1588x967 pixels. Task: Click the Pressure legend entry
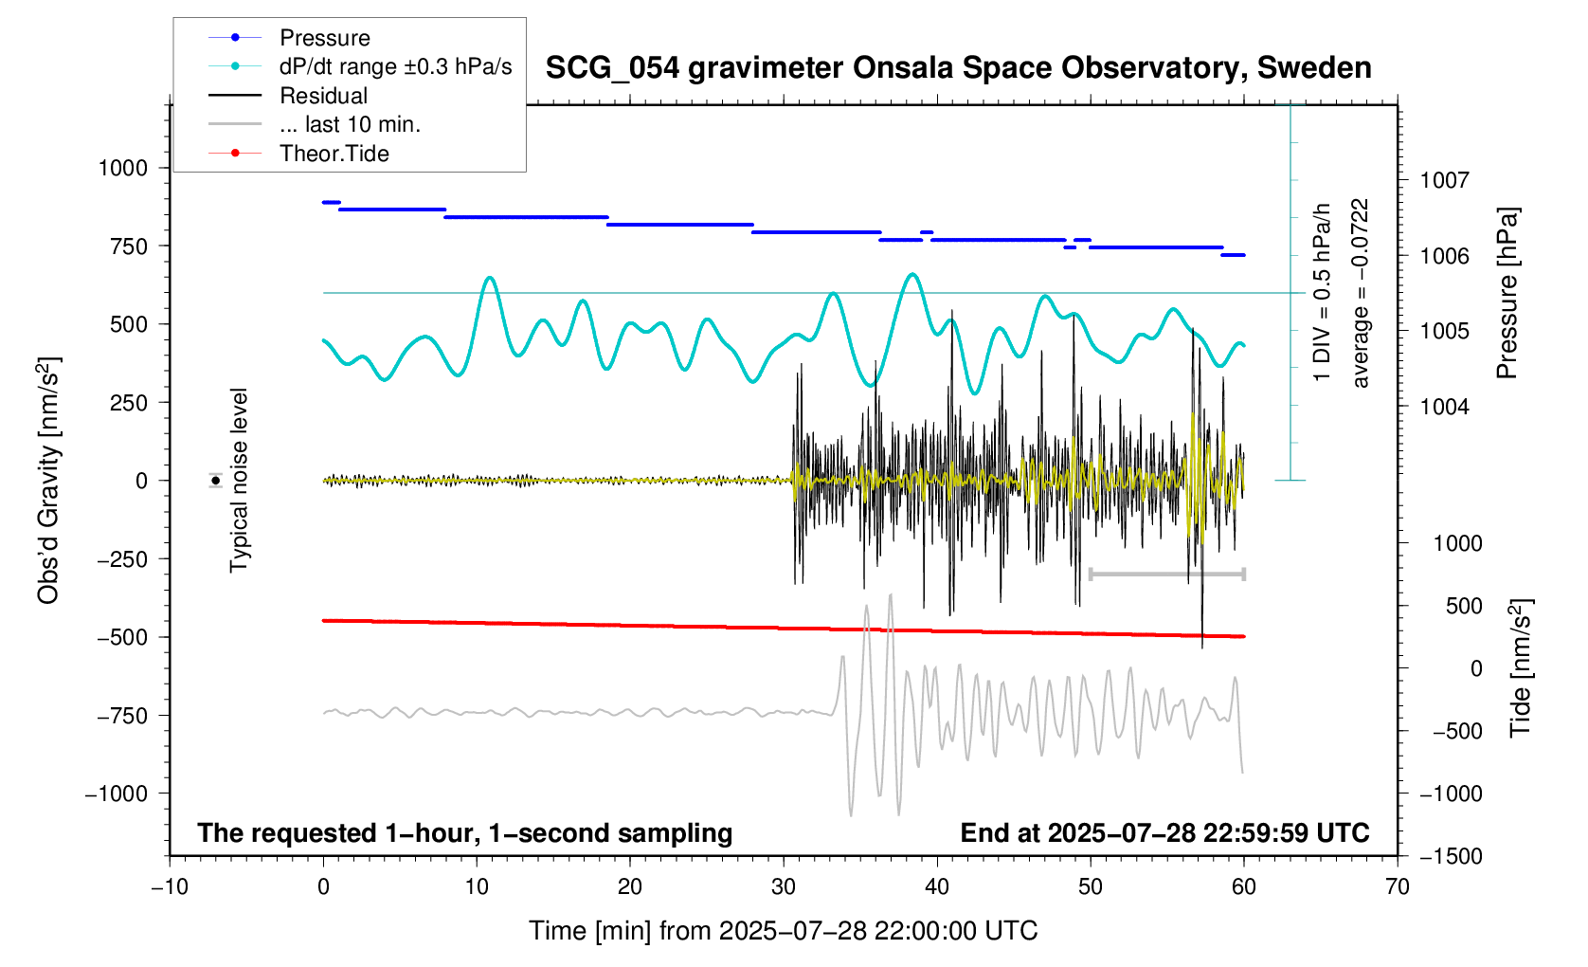tap(324, 38)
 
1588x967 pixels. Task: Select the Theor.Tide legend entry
tap(334, 154)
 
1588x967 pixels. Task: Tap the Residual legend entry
tap(323, 96)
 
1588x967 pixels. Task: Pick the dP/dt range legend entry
tap(395, 66)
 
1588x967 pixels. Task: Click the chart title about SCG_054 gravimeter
tap(958, 68)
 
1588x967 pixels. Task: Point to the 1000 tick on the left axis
tap(123, 169)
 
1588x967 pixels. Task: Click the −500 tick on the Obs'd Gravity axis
tap(123, 638)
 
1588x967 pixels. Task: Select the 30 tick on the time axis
tap(784, 887)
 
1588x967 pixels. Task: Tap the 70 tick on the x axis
tap(1398, 887)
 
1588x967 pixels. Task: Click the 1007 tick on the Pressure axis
tap(1443, 180)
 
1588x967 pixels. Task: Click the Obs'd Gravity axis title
tap(49, 481)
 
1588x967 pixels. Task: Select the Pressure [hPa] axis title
tap(1507, 293)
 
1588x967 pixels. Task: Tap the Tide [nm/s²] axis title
tap(1521, 668)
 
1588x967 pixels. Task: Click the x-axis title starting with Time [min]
tap(783, 931)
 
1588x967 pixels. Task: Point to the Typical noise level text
tap(239, 481)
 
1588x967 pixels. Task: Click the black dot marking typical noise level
tap(216, 481)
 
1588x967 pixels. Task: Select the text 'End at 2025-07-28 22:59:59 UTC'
tap(1164, 833)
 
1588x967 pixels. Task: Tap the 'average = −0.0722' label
tap(1362, 293)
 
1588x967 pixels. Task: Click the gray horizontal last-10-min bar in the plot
tap(1166, 575)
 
